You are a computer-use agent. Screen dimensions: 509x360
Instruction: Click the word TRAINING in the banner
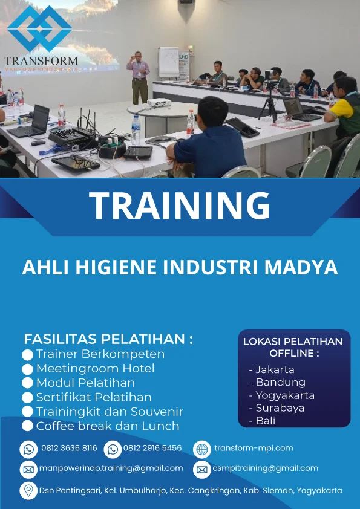[x=180, y=206]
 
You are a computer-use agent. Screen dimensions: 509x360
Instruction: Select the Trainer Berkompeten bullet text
[x=100, y=354]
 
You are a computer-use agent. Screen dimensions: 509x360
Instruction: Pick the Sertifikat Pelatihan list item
[x=93, y=397]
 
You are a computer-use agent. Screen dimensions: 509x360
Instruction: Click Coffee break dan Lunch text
[x=107, y=426]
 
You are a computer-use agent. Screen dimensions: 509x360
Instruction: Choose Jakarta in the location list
[x=275, y=369]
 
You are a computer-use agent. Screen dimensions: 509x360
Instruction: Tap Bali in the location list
[x=265, y=421]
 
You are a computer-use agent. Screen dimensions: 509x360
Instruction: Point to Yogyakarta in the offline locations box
[x=284, y=395]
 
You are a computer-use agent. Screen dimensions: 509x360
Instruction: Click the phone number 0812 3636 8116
[x=69, y=448]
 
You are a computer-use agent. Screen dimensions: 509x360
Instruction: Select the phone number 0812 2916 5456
[x=152, y=448]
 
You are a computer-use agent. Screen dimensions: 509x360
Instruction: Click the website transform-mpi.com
[x=254, y=448]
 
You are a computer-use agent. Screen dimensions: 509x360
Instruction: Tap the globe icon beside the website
[x=202, y=449]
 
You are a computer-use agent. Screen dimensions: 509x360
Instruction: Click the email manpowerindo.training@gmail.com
[x=111, y=468]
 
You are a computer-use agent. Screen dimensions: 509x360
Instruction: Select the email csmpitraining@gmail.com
[x=265, y=468]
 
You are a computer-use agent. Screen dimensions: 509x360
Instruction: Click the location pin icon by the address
[x=28, y=490]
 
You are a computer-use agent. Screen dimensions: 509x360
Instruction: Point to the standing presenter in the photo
[x=139, y=77]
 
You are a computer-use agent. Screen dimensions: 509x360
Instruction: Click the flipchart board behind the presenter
[x=168, y=62]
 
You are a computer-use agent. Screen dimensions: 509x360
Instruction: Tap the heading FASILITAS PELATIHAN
[x=108, y=339]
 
